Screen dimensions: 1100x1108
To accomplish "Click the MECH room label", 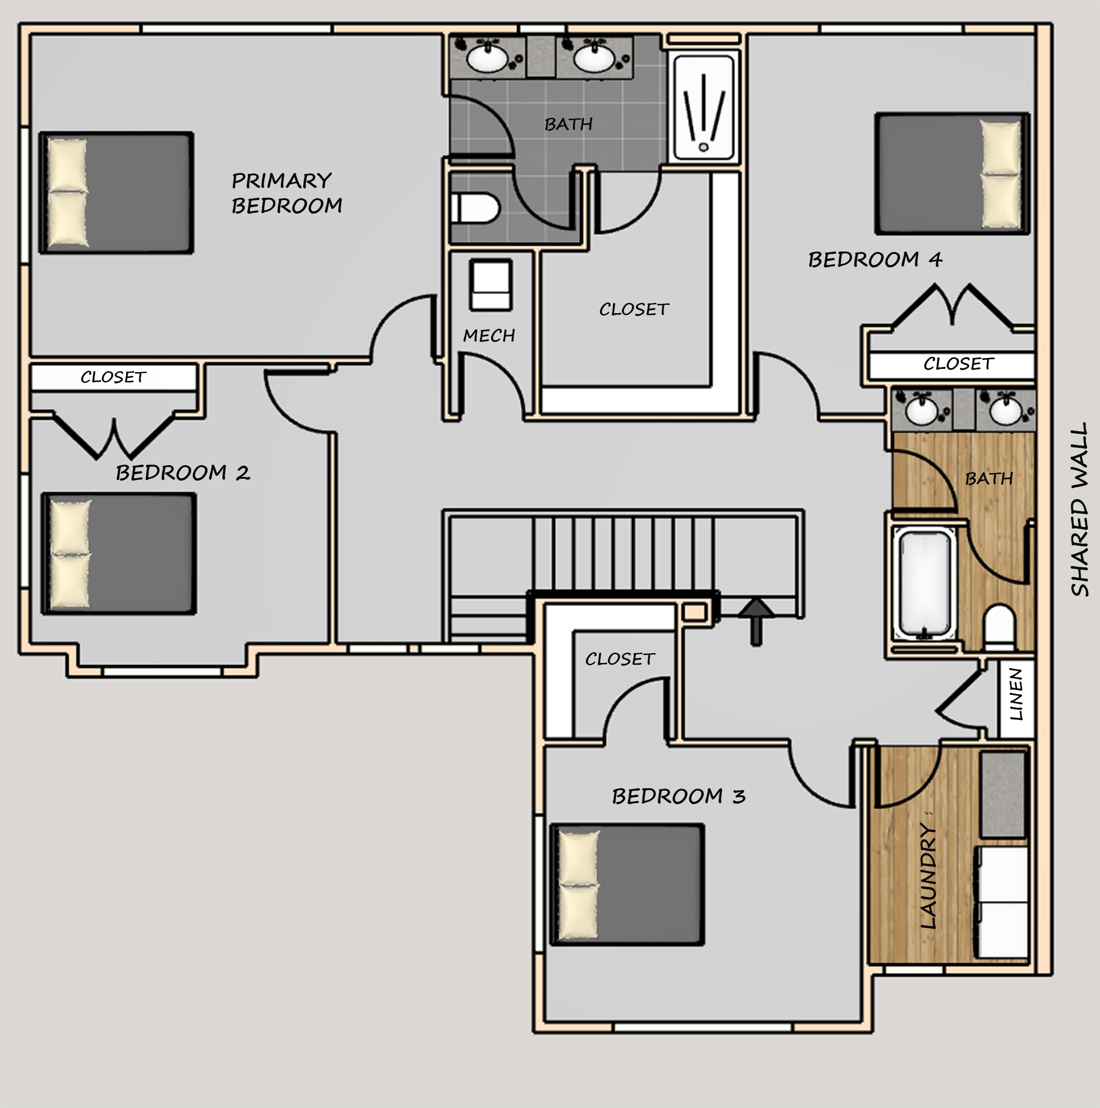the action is (x=489, y=336).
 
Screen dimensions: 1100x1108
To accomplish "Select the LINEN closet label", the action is (x=1016, y=694).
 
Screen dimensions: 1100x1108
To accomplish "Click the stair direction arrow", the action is (x=756, y=622).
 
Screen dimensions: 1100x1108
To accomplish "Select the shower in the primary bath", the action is (x=703, y=108).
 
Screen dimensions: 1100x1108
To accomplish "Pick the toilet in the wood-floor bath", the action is (x=999, y=627).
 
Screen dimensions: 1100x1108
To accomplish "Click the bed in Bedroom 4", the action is (x=951, y=173).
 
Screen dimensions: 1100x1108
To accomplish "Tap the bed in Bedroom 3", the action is (x=627, y=885).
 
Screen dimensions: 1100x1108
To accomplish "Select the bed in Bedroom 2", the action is (x=119, y=554).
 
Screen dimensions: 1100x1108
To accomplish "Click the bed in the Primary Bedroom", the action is (x=116, y=193).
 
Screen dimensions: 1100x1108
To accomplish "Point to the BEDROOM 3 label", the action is (x=679, y=796).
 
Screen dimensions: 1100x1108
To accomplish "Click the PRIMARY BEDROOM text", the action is (x=286, y=193).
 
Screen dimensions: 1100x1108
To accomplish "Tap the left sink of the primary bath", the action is (x=487, y=58).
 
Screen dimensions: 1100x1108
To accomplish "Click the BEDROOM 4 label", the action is (x=875, y=260).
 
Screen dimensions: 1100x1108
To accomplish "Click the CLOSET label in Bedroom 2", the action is (x=114, y=377).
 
